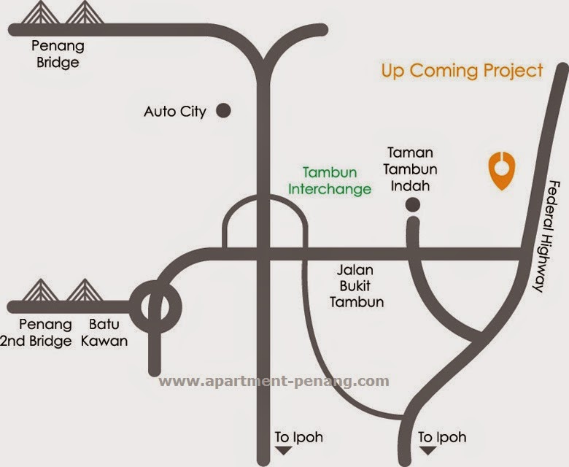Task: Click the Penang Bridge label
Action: [58, 55]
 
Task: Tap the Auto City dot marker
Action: [224, 111]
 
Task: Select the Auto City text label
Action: [175, 112]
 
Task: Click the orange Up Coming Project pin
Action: [500, 169]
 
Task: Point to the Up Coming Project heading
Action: [462, 71]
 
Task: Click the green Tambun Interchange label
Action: [330, 181]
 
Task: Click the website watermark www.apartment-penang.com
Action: [274, 381]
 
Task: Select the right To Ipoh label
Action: [442, 438]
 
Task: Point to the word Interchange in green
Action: [330, 189]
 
